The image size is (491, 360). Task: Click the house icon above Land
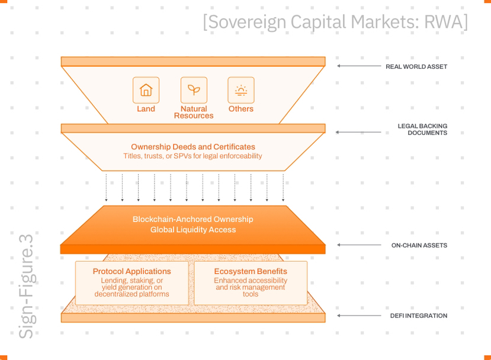point(146,90)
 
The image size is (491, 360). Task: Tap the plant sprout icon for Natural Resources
point(194,90)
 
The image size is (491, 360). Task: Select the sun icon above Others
point(241,90)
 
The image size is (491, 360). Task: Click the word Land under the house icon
point(146,108)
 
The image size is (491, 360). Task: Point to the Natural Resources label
point(194,112)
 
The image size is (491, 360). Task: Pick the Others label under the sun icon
point(241,108)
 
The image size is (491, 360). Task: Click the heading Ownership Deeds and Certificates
point(193,147)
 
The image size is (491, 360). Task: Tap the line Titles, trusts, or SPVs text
point(192,156)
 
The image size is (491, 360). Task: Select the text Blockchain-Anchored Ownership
point(193,219)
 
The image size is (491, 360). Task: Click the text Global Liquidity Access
point(193,230)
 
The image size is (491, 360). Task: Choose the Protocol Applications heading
point(132,271)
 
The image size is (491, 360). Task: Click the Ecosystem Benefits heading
point(251,271)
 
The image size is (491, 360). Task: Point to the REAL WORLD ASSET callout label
point(416,67)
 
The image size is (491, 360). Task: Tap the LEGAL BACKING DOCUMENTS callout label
point(422,129)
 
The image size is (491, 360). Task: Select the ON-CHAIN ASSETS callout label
point(419,245)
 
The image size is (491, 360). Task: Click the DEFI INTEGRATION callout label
point(419,316)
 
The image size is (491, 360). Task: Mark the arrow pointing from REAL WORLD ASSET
point(359,66)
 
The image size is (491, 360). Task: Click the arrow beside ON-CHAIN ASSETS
point(359,245)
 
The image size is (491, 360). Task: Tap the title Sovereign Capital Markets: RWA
point(335,22)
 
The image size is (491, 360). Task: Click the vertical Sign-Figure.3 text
point(26,287)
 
